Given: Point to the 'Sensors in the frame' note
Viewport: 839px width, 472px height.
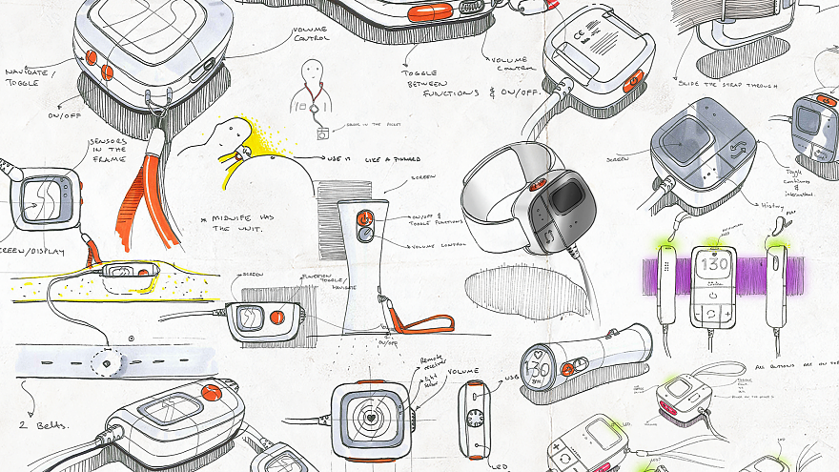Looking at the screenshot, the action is (109, 154).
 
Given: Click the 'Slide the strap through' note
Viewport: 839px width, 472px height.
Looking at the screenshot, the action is (722, 85).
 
